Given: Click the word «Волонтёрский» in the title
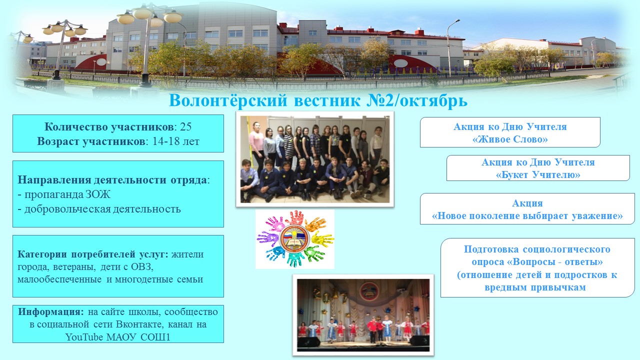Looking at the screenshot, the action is click(228, 101).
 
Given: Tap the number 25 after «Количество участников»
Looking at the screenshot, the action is click(185, 126).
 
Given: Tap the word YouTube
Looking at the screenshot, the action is click(84, 337).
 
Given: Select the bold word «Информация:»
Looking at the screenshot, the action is click(51, 311).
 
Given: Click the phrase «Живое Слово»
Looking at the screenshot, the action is click(510, 139).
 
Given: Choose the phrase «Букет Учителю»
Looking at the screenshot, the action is click(538, 174).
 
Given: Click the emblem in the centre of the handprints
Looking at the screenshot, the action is click(294, 238).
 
